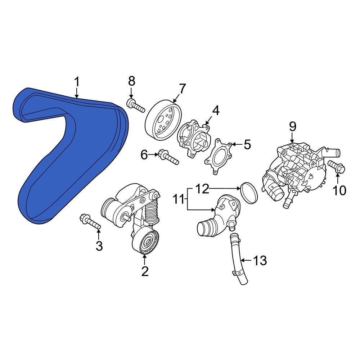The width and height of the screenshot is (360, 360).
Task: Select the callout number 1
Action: tap(76, 82)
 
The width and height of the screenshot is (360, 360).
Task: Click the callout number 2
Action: tap(145, 271)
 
